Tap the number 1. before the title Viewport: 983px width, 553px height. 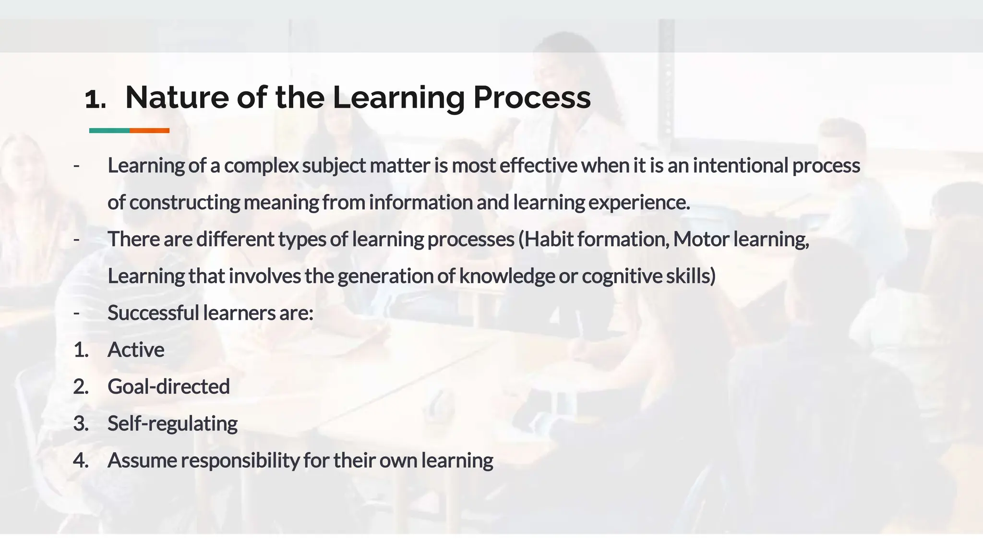pyautogui.click(x=95, y=99)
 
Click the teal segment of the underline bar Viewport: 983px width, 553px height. pyautogui.click(x=109, y=131)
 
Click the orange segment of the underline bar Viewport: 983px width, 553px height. pyautogui.click(x=149, y=131)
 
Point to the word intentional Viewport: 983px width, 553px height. pyautogui.click(x=740, y=166)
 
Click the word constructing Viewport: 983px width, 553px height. pyautogui.click(x=184, y=203)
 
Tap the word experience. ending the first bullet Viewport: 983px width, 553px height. pyautogui.click(x=639, y=203)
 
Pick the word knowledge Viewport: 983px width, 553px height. pyautogui.click(x=507, y=276)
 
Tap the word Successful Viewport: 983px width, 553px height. pyautogui.click(x=153, y=313)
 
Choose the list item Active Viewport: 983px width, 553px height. pyautogui.click(x=136, y=350)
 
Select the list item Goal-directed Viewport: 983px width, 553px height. pyautogui.click(x=168, y=387)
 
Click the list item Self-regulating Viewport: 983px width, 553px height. pyautogui.click(x=172, y=424)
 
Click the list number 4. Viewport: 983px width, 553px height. pyautogui.click(x=81, y=460)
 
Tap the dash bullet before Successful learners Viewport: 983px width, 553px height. pyautogui.click(x=76, y=313)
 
